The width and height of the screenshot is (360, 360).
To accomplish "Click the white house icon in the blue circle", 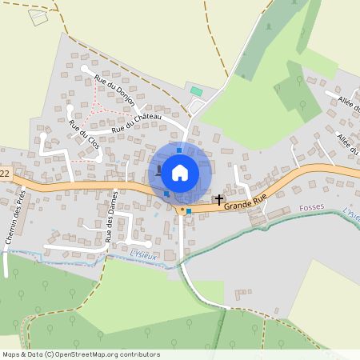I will [180, 171].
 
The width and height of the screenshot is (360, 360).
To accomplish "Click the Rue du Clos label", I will [83, 135].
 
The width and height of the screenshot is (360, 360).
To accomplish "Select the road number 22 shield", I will [4, 173].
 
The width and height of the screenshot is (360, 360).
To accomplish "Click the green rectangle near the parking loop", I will [196, 91].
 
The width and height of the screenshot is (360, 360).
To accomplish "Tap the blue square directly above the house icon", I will [179, 150].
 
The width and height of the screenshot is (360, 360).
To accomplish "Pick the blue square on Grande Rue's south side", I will [189, 211].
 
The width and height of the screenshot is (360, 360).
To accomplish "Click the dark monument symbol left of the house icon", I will [159, 170].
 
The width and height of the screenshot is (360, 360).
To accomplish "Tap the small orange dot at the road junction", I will [182, 210].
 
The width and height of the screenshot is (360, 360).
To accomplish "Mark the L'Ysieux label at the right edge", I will [350, 213].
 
